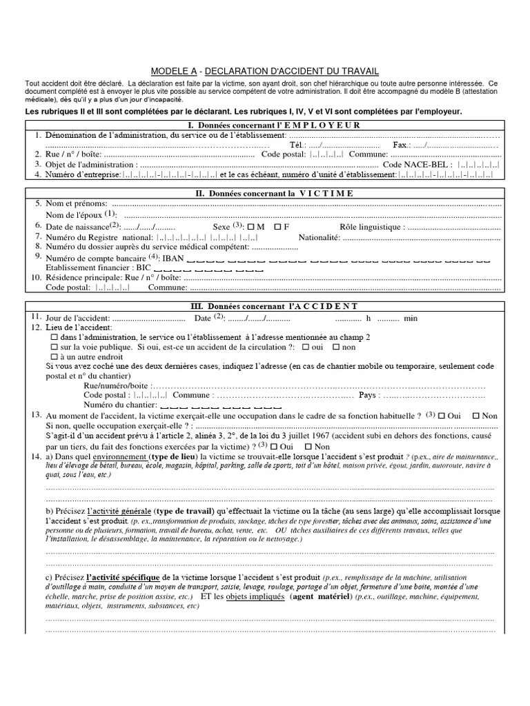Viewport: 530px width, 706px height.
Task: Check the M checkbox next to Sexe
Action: [x=251, y=226]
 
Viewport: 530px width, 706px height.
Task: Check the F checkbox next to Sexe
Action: [x=277, y=226]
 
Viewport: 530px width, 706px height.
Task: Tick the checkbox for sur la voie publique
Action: [x=55, y=347]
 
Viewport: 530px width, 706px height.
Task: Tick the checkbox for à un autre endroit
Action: [x=55, y=357]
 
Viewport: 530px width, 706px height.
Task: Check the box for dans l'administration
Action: [x=55, y=337]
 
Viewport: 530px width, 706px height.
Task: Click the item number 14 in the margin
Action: [x=35, y=456]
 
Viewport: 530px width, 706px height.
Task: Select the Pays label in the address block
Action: [x=369, y=396]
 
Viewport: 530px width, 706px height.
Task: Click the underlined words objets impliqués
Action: [x=255, y=596]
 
